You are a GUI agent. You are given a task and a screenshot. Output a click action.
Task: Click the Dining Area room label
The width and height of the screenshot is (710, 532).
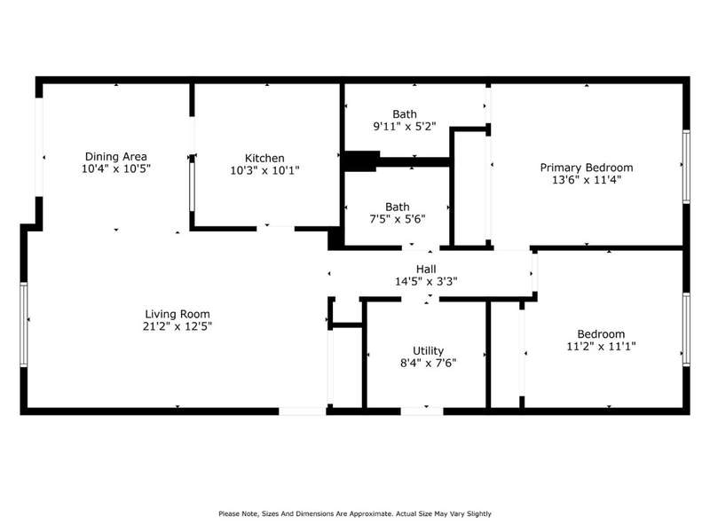(x=116, y=157)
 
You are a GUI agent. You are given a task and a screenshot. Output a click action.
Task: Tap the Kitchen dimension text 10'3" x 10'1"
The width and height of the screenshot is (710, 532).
(x=264, y=170)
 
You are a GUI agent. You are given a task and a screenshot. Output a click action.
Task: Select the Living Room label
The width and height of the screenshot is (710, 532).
(x=177, y=314)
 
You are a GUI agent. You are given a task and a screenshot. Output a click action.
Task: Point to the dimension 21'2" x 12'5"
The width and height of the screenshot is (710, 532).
(x=177, y=326)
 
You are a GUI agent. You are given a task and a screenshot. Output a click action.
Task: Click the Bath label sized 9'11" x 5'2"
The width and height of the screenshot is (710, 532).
(x=405, y=114)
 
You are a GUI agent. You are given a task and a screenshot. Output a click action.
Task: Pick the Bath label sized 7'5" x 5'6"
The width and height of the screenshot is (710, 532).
(x=397, y=207)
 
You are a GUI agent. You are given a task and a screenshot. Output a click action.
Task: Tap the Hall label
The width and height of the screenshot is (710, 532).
(x=426, y=270)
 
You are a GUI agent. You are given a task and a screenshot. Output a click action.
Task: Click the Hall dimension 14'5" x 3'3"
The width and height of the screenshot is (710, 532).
(x=426, y=281)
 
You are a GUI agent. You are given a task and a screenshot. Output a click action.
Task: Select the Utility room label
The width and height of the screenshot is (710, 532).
(x=428, y=350)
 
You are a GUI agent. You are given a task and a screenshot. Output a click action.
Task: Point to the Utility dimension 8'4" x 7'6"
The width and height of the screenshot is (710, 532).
(x=428, y=363)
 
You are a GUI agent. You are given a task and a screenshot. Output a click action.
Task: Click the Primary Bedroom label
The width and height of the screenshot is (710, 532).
(x=587, y=168)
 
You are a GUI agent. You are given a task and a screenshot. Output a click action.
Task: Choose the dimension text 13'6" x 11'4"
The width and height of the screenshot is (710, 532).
(x=587, y=180)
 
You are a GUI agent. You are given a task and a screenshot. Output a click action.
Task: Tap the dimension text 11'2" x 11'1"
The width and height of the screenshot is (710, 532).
(x=601, y=347)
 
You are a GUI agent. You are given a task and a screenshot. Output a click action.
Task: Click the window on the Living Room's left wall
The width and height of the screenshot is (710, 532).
(x=24, y=325)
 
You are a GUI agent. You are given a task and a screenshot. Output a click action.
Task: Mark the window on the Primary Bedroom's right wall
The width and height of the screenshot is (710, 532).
(x=686, y=166)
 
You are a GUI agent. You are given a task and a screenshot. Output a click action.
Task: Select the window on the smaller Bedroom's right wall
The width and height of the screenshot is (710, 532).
(x=686, y=329)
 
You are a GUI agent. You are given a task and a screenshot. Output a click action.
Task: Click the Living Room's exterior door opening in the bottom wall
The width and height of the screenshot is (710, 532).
(x=302, y=411)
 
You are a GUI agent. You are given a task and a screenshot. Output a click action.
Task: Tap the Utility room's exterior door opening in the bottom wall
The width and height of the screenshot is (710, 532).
(x=422, y=411)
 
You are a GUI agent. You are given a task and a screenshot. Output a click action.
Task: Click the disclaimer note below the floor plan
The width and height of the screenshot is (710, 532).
(x=354, y=513)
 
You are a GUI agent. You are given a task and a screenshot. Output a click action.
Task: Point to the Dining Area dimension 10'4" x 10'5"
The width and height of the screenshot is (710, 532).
(x=116, y=168)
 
